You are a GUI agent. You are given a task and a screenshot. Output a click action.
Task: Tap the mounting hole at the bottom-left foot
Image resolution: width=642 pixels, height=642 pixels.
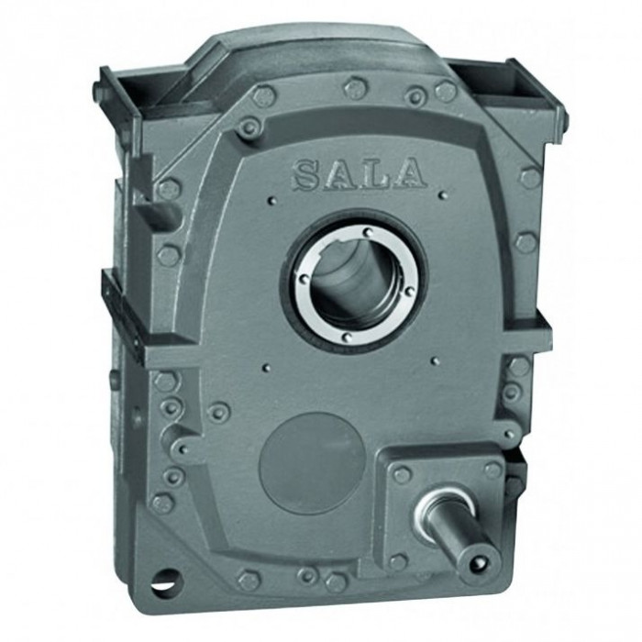166,581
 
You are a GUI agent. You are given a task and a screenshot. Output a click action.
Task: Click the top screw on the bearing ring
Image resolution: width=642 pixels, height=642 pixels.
368,233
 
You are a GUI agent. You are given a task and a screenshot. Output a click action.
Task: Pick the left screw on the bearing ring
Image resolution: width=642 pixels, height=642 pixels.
304,278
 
